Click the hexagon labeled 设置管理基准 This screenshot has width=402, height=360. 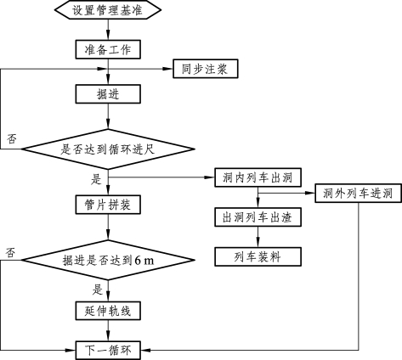coord(108,10)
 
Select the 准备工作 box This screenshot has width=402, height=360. coord(108,49)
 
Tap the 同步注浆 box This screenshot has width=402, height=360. coord(206,69)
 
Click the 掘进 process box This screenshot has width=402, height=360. coord(108,94)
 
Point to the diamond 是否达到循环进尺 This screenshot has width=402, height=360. coord(108,149)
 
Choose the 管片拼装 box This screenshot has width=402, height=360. coord(108,205)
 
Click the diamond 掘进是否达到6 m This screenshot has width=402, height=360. coord(108,260)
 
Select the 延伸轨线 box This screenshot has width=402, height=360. coord(108,311)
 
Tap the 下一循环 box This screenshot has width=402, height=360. coord(108,351)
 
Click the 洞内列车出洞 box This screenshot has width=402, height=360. coord(258,177)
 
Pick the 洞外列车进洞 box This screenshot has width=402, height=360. coord(358,194)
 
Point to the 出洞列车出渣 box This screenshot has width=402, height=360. coord(258,217)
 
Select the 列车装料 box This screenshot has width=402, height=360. coord(258,256)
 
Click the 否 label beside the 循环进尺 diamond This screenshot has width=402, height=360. coord(12,138)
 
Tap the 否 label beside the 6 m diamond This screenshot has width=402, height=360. coord(10,252)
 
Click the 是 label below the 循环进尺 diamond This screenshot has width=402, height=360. coord(96,179)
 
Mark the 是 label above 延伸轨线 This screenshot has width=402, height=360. coord(97,290)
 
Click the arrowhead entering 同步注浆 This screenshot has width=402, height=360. coord(168,69)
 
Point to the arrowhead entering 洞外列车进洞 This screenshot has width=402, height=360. coord(311,194)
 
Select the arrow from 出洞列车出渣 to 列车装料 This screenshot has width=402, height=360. coord(258,237)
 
